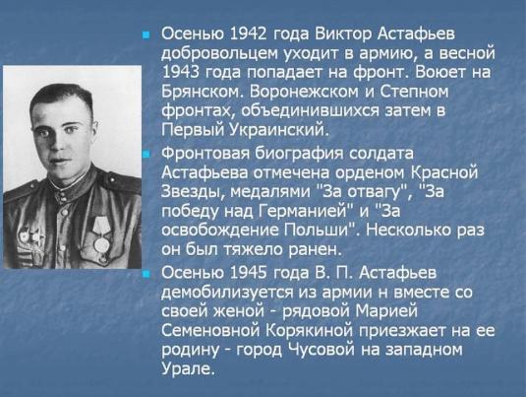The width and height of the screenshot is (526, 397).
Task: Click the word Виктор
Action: pos(343,33)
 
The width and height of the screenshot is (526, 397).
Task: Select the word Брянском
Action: pos(202,92)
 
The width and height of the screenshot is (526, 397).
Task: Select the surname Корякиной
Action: pos(310,331)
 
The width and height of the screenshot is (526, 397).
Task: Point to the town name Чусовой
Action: pos(321,350)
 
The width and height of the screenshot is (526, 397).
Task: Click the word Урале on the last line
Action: pos(187,368)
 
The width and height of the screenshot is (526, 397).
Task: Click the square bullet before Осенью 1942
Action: pos(146,34)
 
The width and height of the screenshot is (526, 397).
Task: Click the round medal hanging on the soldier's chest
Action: pos(101,245)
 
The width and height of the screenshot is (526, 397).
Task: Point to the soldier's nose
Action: pos(56,143)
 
